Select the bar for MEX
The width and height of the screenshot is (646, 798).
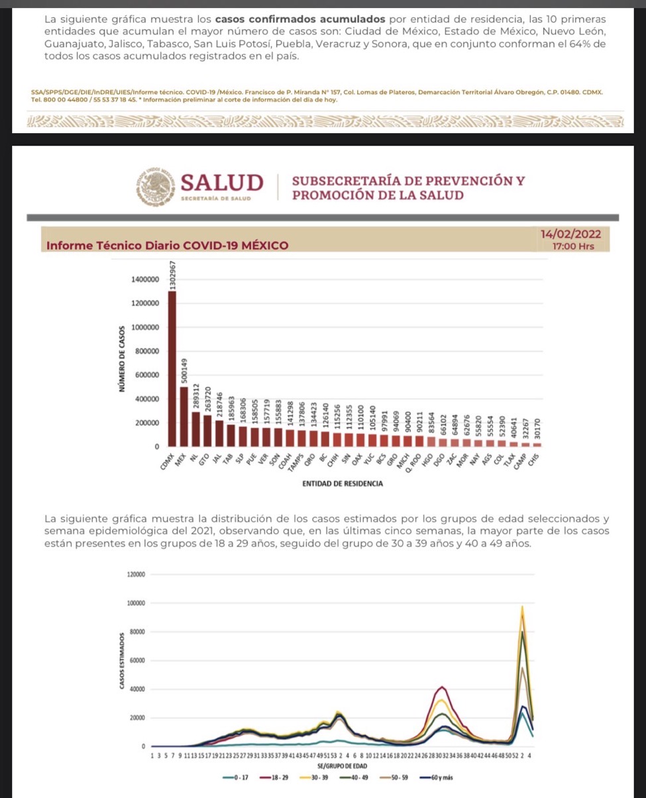(184, 417)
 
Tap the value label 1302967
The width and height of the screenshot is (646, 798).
(173, 274)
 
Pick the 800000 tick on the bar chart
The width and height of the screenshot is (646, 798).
(148, 352)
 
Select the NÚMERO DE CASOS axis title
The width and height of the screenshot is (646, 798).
(121, 358)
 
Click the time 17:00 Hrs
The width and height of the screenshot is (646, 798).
(573, 246)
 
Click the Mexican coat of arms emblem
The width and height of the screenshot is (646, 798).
(154, 185)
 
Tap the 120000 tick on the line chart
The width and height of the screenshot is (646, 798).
(135, 574)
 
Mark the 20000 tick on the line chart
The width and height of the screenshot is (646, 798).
(136, 718)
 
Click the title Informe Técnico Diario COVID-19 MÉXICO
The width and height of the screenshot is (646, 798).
(168, 246)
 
